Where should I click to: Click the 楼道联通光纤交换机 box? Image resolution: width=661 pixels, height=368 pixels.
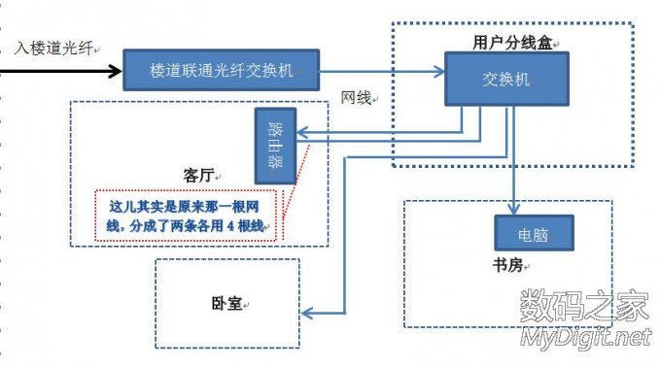pos(221,71)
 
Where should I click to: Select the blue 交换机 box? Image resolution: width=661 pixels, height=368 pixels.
pos(506,79)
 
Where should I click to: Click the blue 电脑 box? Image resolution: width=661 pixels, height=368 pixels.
pos(533,232)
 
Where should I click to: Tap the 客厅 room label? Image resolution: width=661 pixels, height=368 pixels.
pos(199,175)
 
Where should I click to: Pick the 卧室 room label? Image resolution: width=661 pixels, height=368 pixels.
pos(227,304)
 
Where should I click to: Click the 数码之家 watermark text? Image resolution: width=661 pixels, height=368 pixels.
pos(583,306)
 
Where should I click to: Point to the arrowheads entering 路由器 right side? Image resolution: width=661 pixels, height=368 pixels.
pos(301,136)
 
